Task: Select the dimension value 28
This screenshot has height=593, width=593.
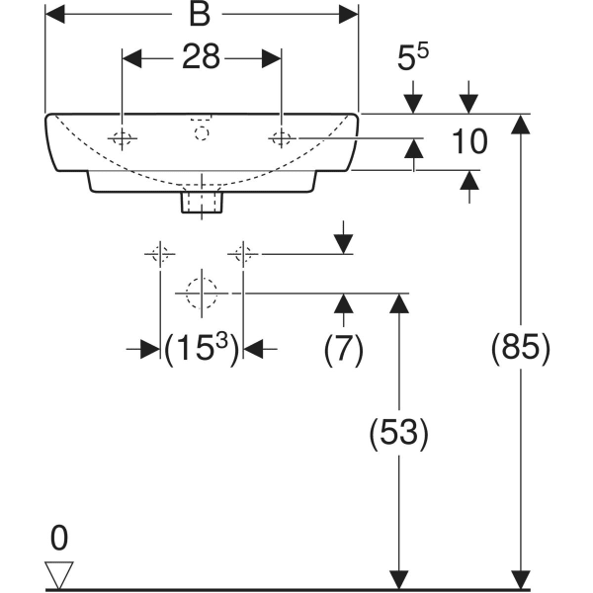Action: pyautogui.click(x=201, y=58)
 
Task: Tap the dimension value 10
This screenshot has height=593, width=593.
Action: pyautogui.click(x=469, y=142)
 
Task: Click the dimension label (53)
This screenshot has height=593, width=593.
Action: pyautogui.click(x=398, y=432)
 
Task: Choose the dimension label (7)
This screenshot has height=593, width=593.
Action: pyautogui.click(x=344, y=348)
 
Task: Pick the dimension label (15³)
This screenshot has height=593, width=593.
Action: pyautogui.click(x=202, y=348)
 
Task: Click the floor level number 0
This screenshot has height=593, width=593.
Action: pyautogui.click(x=59, y=539)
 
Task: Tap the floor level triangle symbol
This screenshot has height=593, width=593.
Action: pyautogui.click(x=60, y=573)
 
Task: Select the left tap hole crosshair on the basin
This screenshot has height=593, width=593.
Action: pyautogui.click(x=122, y=139)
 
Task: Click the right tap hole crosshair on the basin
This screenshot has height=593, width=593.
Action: pyautogui.click(x=283, y=139)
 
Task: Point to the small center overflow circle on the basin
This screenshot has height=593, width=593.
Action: pyautogui.click(x=203, y=131)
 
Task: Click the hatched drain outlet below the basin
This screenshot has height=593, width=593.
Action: pyautogui.click(x=203, y=203)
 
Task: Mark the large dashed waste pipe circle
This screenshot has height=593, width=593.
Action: pyautogui.click(x=202, y=294)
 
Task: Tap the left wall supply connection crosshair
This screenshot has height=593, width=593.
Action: pyautogui.click(x=160, y=254)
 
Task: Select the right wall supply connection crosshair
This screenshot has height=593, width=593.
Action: pyautogui.click(x=243, y=254)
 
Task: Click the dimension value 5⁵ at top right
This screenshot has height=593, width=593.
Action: pyautogui.click(x=413, y=58)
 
